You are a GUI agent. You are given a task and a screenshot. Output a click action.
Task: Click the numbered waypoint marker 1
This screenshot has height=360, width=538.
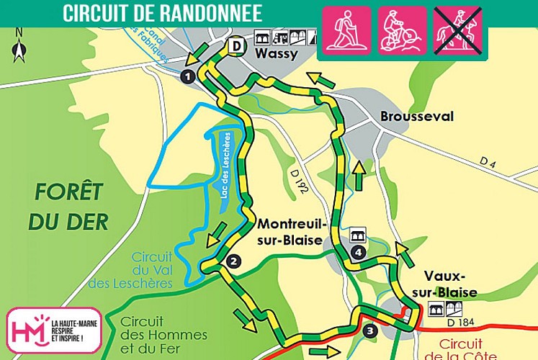(188, 76)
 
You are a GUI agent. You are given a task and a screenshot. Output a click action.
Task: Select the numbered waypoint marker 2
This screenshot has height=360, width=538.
(232, 262)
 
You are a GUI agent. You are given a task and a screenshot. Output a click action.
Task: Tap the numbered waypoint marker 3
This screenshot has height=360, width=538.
(369, 331)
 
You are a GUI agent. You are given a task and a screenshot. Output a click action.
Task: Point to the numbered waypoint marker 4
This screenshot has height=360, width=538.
(358, 252)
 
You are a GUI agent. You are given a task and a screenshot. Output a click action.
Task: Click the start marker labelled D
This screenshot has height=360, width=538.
(235, 46)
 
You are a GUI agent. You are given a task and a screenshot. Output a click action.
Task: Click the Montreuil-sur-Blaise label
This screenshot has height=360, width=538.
(290, 232)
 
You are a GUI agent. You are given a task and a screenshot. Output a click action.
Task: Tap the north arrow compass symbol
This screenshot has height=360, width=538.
(19, 47)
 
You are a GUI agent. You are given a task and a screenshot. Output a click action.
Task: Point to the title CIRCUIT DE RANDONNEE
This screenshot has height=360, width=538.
(162, 13)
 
